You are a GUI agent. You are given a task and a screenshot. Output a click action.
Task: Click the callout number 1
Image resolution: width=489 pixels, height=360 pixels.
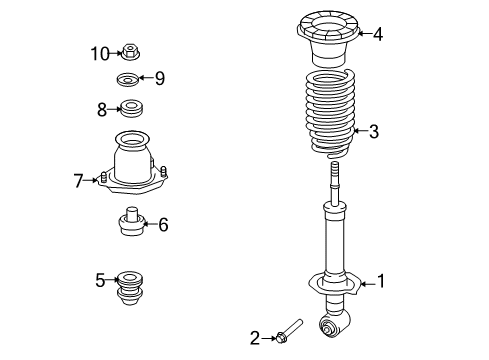378,283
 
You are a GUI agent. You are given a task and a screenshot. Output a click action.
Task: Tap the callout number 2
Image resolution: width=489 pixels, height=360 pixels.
255,339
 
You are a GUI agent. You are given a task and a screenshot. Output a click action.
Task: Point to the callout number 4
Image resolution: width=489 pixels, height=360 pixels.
377,34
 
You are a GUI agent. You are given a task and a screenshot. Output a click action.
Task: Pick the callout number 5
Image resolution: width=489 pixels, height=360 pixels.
100,280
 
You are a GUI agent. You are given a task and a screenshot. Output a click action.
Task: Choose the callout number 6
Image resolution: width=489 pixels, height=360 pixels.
162,225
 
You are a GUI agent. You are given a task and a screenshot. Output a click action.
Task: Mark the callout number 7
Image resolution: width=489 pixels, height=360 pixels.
78,180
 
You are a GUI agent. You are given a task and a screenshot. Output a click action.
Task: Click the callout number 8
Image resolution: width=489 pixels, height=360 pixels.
101,108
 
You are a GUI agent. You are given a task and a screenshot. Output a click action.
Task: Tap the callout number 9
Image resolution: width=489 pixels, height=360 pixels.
159,78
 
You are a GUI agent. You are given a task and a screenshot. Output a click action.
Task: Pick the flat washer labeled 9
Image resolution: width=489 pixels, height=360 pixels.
129,79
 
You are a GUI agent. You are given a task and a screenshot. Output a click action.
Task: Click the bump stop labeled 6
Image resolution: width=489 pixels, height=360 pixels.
130,223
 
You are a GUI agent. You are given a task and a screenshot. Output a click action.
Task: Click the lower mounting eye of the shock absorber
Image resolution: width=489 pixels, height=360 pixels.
330,324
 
